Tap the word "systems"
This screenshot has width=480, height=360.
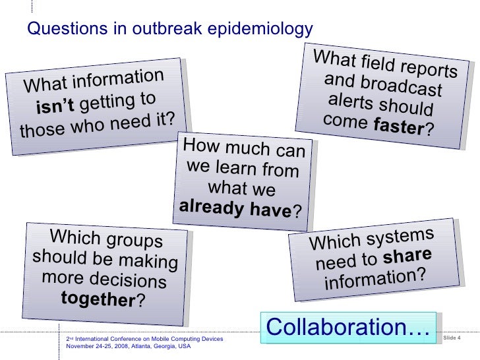400,237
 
